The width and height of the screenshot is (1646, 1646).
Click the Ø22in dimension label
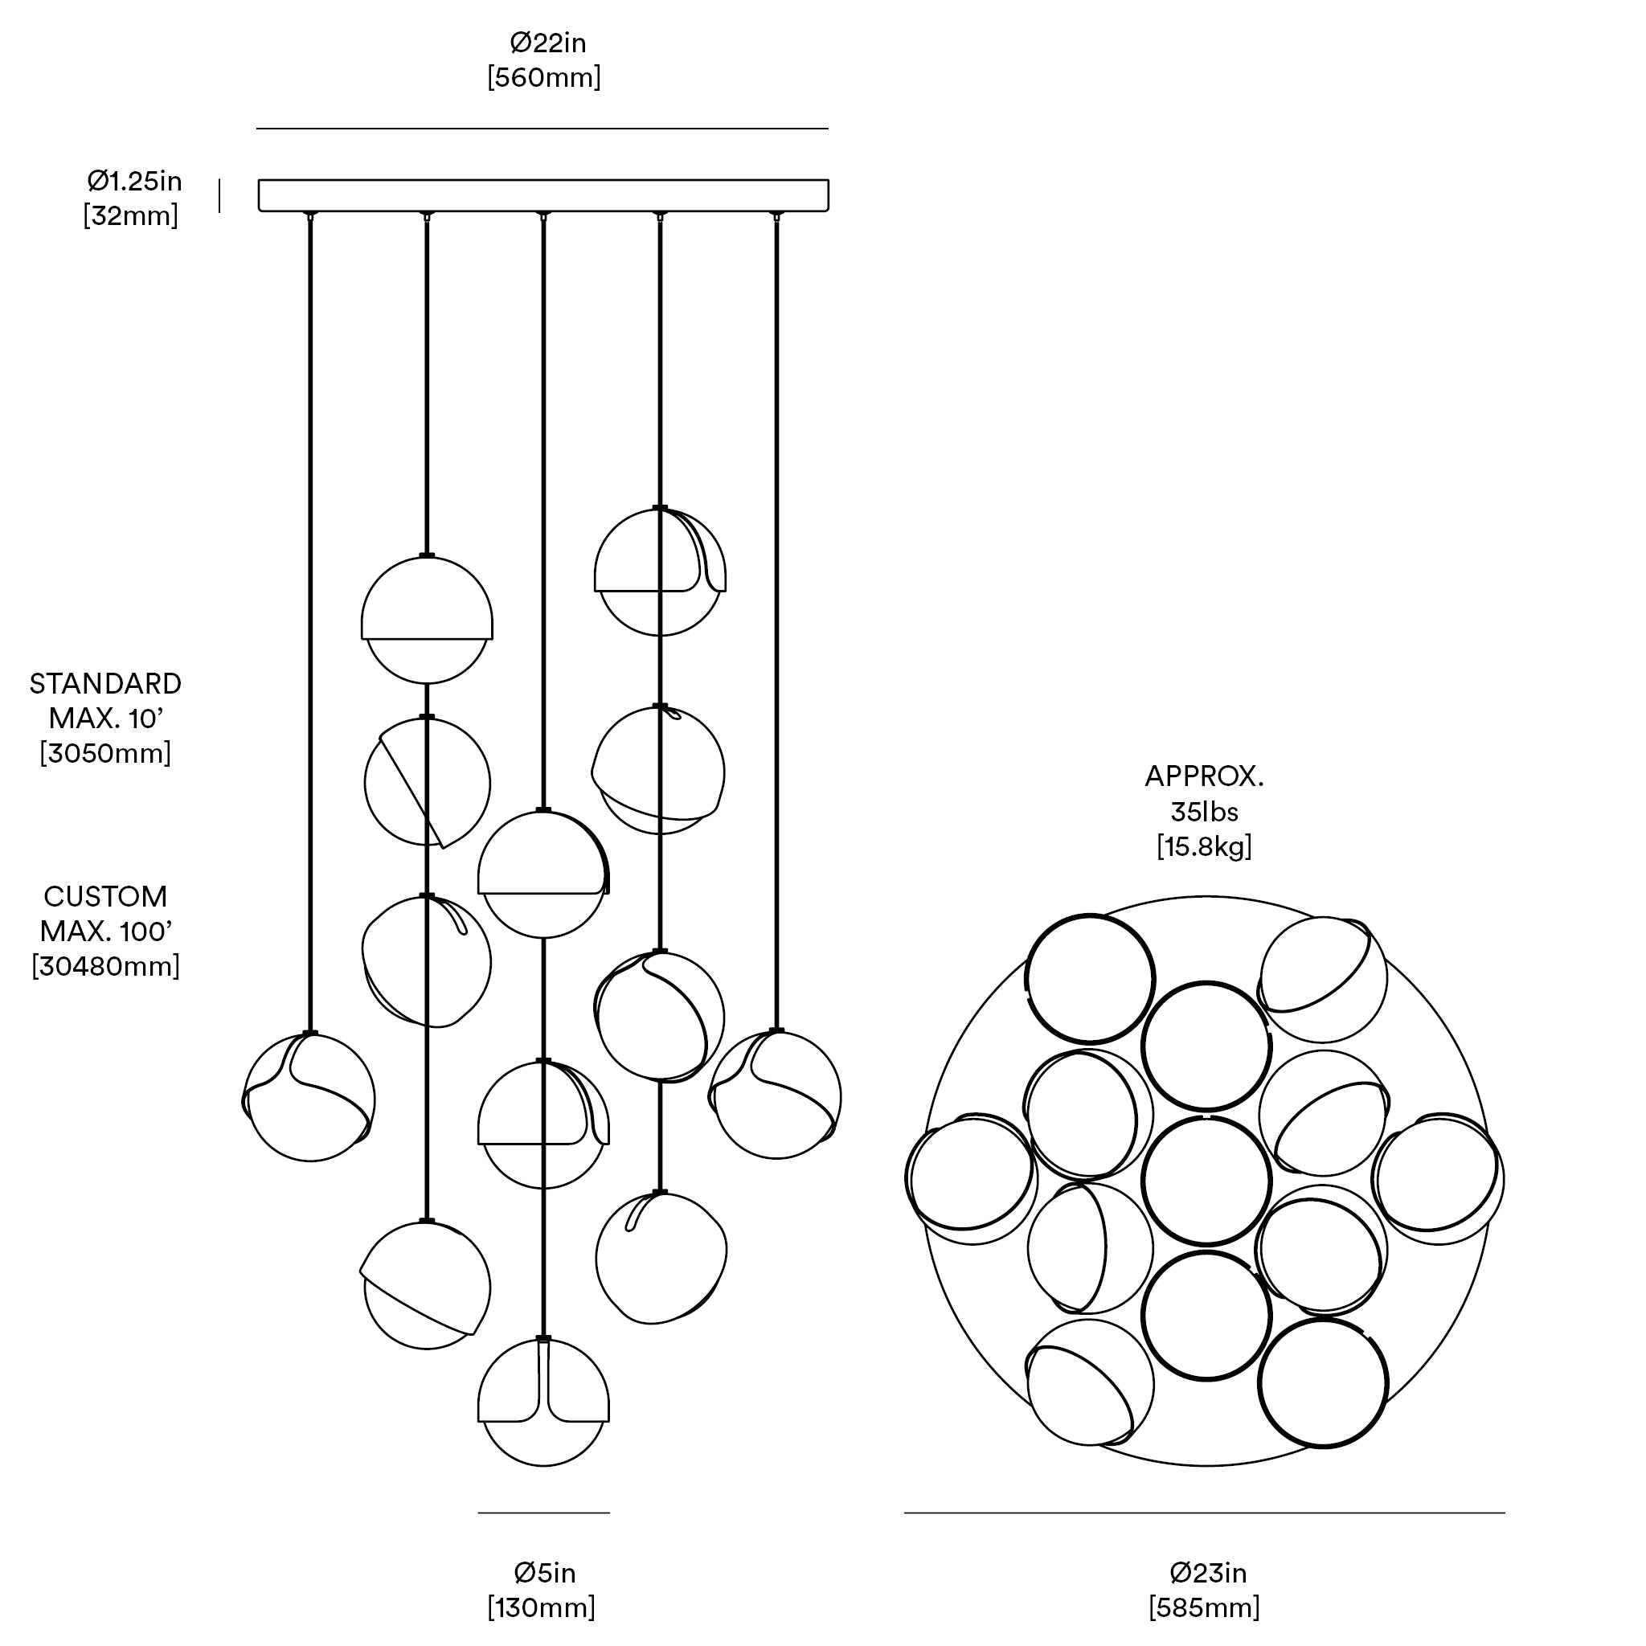pyautogui.click(x=547, y=43)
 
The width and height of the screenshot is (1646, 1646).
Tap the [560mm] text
pyautogui.click(x=543, y=77)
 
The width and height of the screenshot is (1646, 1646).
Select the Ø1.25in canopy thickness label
pyautogui.click(x=133, y=181)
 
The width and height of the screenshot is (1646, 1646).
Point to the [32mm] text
pyautogui.click(x=130, y=215)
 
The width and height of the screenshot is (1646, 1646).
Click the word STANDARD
pyautogui.click(x=105, y=683)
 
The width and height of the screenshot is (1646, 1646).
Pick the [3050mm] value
pyautogui.click(x=105, y=753)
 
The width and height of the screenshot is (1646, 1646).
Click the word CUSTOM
pyautogui.click(x=105, y=896)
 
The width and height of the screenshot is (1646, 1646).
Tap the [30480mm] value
pyautogui.click(x=105, y=966)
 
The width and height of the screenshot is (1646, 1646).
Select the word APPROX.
pyautogui.click(x=1204, y=776)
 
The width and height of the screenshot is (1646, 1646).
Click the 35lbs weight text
pyautogui.click(x=1204, y=811)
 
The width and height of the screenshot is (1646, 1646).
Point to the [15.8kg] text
pyautogui.click(x=1204, y=847)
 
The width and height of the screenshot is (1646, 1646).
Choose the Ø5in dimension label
pyautogui.click(x=544, y=1573)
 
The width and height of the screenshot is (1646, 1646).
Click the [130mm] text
pyautogui.click(x=541, y=1607)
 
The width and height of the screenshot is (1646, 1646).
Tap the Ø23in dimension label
pyautogui.click(x=1208, y=1573)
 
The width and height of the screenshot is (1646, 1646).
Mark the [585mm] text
pyautogui.click(x=1204, y=1607)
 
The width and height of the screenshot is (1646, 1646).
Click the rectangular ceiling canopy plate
pyautogui.click(x=543, y=195)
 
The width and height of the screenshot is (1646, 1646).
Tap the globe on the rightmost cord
pyautogui.click(x=776, y=1095)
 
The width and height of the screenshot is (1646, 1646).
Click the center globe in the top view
pyautogui.click(x=1206, y=1181)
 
